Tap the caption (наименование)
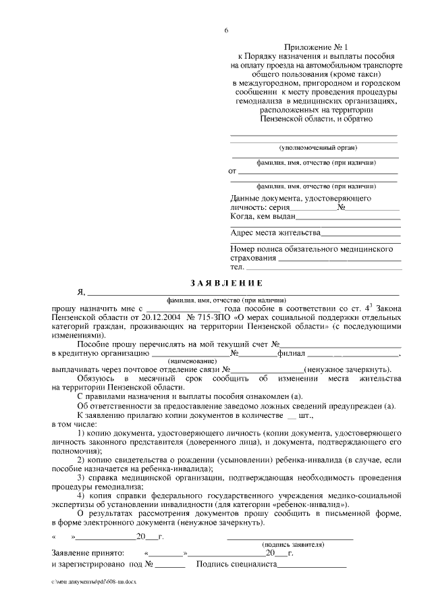pyautogui.click(x=190, y=361)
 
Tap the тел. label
pyautogui.click(x=237, y=267)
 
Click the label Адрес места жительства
pyautogui.click(x=275, y=233)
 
